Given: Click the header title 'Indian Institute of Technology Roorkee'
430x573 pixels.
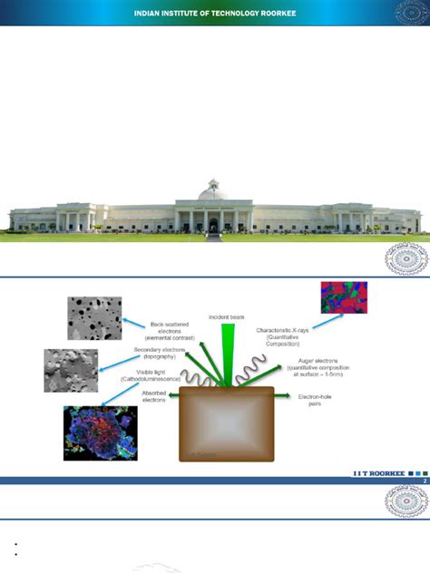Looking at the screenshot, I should point(215,13).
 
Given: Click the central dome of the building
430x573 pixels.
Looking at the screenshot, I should point(213,190).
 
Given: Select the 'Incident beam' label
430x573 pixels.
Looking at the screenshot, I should point(226,317).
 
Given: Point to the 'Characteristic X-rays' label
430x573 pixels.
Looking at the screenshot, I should point(288,336).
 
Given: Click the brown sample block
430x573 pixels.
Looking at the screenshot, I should point(226,424).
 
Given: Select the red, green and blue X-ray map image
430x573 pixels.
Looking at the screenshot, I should point(345,297).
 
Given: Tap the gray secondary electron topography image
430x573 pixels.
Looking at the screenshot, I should point(71,370).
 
